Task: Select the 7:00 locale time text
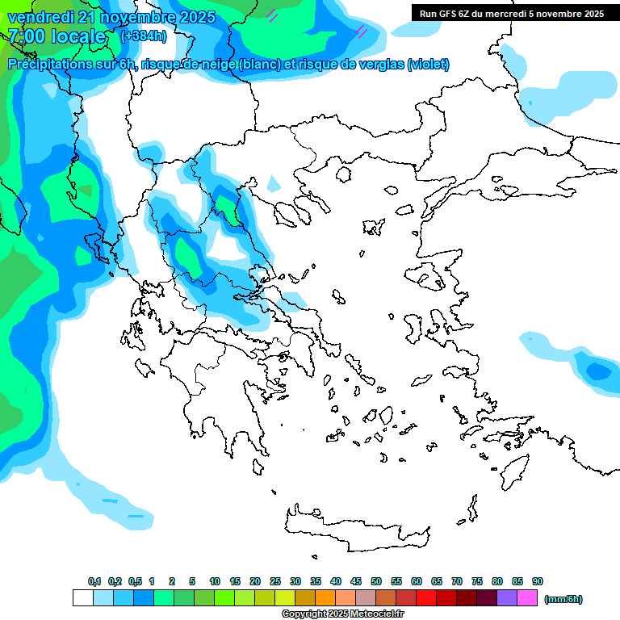[57, 36]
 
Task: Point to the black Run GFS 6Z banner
[511, 14]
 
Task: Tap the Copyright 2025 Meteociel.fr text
[342, 614]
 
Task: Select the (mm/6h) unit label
[563, 599]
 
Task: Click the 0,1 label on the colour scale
[94, 581]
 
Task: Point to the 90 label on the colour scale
[538, 581]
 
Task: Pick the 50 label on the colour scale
[376, 581]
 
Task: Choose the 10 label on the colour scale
[215, 581]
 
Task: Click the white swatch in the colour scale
[82, 598]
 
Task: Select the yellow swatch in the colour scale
[284, 598]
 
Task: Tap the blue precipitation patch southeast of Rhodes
[597, 371]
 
